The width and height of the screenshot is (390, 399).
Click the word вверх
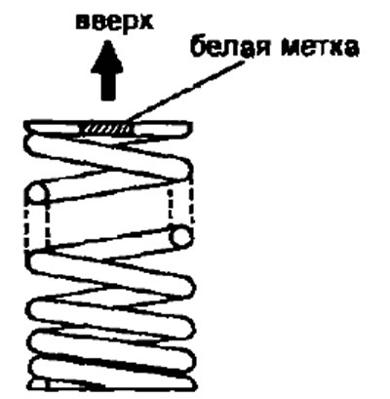(x=114, y=23)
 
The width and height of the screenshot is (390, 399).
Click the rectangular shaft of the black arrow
(x=107, y=86)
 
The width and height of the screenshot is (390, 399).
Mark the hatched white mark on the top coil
(x=106, y=130)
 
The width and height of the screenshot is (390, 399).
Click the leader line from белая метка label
(x=185, y=91)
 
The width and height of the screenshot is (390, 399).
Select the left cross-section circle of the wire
(x=39, y=194)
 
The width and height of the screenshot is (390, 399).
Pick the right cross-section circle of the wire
(x=180, y=235)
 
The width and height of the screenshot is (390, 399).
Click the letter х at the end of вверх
(x=145, y=23)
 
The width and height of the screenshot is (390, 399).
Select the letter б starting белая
(x=198, y=50)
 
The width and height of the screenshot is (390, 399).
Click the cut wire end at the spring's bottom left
(x=40, y=384)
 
